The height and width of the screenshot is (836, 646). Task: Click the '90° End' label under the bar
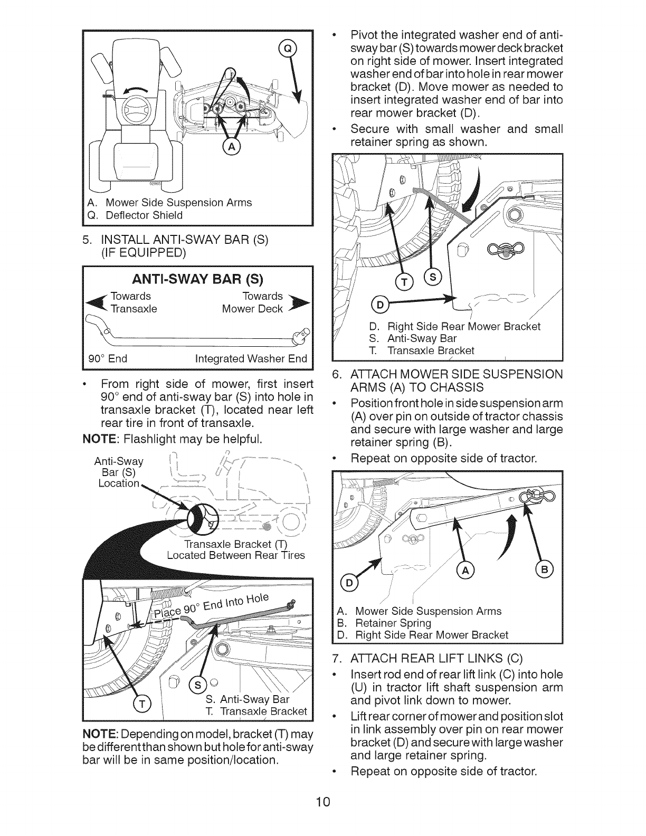108,359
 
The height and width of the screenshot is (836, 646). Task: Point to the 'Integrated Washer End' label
251,359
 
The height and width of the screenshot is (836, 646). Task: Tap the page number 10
323,802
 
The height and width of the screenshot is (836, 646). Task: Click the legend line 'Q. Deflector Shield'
137,215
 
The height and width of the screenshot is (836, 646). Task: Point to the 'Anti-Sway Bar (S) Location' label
119,472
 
